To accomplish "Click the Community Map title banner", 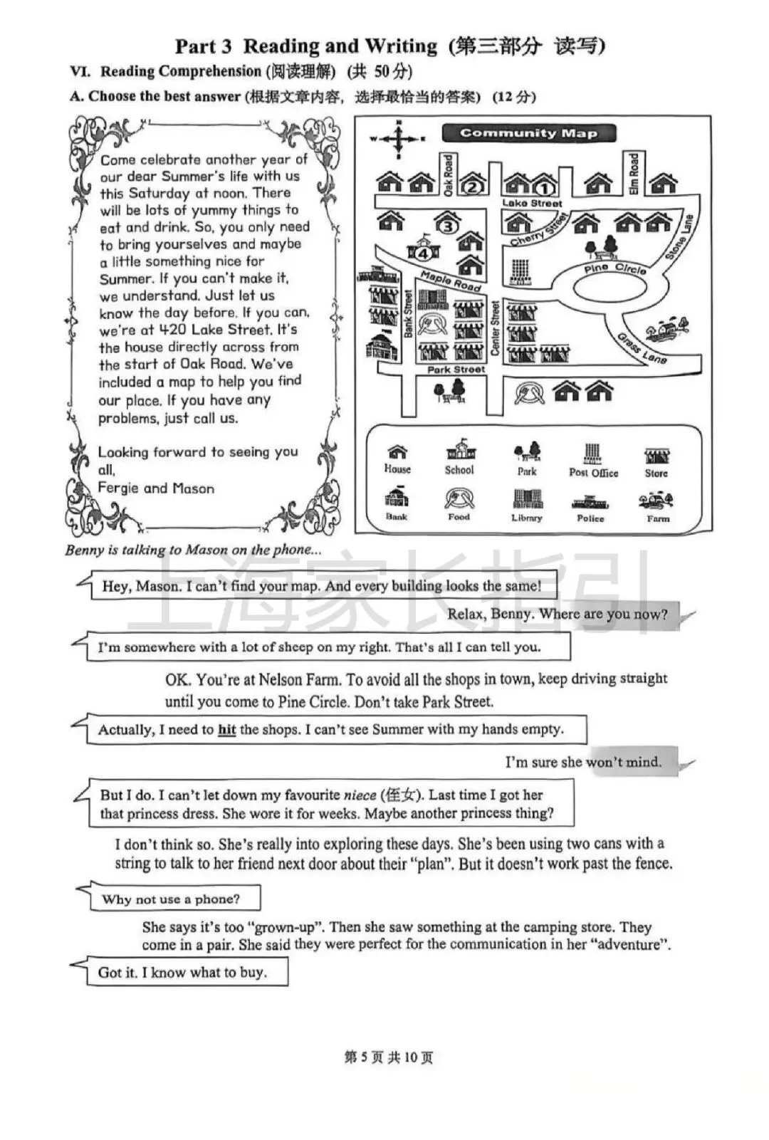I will coord(528,133).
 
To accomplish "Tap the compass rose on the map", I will coord(398,138).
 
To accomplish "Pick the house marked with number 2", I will coord(473,185).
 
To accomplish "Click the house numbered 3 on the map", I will coord(446,224).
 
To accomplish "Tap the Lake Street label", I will coord(532,204).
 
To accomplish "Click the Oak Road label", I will coord(449,174).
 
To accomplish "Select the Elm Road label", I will coord(634,174).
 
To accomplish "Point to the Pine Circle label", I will coord(615,268).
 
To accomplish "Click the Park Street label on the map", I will coord(456,370).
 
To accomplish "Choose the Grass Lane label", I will coord(642,349).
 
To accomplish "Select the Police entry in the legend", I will coord(590,508).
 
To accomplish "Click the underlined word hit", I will coord(226,730).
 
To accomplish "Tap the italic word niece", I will coord(360,795).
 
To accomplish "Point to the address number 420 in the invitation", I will coord(171,330).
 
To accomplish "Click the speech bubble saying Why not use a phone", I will coord(171,899).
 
